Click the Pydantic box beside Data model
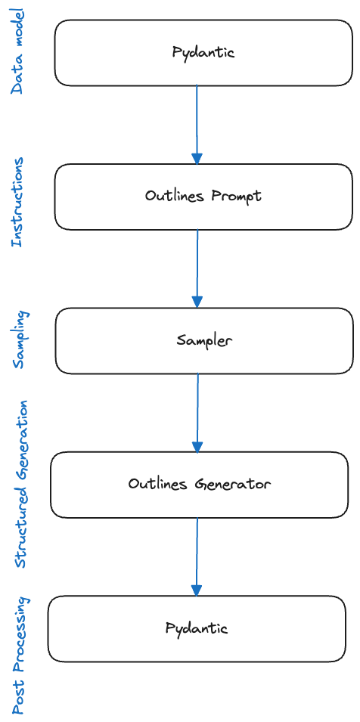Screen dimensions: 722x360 click(x=203, y=53)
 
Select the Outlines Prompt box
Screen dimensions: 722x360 click(x=203, y=197)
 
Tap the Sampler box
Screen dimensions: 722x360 click(x=204, y=340)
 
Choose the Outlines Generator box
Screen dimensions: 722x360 click(x=199, y=485)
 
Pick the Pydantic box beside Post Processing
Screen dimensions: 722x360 click(x=197, y=628)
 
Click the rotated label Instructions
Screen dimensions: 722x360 click(x=17, y=203)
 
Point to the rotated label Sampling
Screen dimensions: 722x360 click(x=19, y=339)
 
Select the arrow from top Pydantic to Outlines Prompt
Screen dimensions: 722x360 click(x=197, y=121)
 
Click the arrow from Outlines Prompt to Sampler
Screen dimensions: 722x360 click(x=197, y=265)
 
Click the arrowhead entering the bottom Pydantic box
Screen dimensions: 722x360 click(x=197, y=590)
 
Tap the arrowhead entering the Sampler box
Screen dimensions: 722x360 click(x=197, y=302)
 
